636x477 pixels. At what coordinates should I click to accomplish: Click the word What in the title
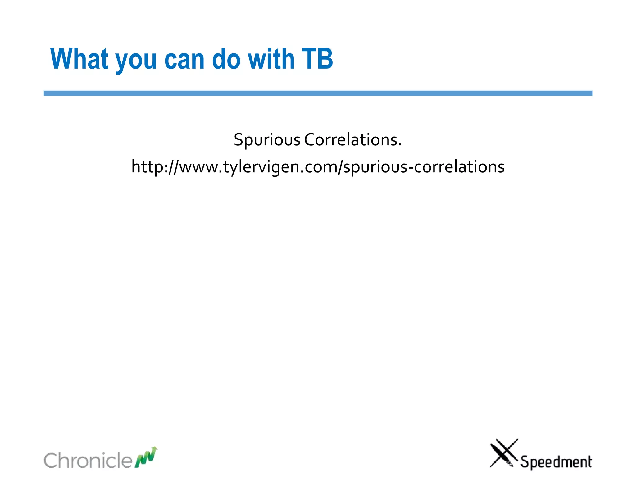click(79, 59)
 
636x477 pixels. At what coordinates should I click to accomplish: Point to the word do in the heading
click(226, 59)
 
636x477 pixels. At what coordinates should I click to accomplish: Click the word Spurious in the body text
click(267, 140)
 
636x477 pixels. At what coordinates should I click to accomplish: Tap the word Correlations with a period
click(353, 139)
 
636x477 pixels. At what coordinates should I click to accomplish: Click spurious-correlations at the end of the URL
click(424, 167)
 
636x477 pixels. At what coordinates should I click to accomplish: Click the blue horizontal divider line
click(318, 93)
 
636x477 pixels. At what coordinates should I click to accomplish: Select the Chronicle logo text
click(88, 460)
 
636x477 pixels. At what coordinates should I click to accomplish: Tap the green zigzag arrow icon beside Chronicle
click(146, 457)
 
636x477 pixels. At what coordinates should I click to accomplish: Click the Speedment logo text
click(556, 462)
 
